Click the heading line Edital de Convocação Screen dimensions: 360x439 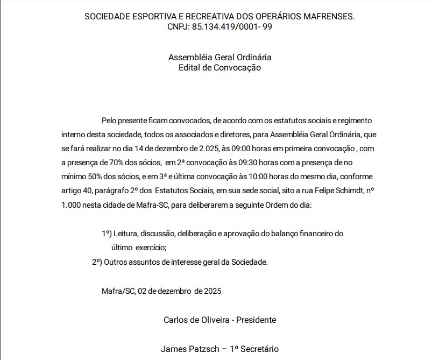tap(219, 68)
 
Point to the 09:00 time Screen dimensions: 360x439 tap(242, 148)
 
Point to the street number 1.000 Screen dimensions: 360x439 tap(71, 205)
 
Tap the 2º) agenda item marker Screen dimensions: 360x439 tap(96, 262)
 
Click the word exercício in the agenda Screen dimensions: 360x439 tap(151, 248)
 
